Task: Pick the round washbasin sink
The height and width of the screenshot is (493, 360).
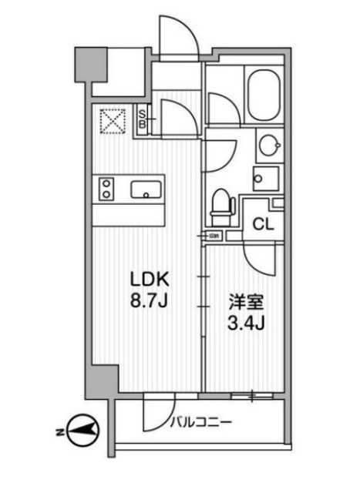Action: pyautogui.click(x=267, y=145)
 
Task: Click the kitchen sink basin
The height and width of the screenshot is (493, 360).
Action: pyautogui.click(x=146, y=189)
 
